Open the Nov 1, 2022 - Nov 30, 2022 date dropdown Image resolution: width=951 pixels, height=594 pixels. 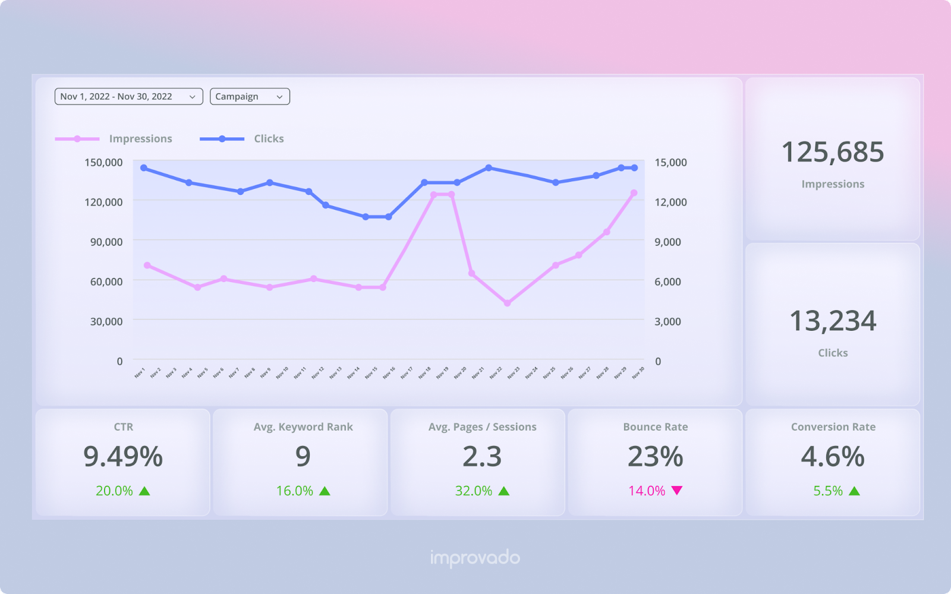[x=128, y=96]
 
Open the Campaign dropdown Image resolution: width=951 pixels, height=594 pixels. [x=250, y=96]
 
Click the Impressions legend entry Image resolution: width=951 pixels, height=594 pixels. [x=140, y=138]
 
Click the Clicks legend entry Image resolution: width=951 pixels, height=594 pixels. [x=269, y=138]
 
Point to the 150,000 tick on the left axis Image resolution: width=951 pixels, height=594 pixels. [x=103, y=162]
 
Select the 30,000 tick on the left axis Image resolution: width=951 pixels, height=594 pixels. [x=106, y=321]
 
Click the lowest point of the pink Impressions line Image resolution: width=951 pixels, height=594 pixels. [x=508, y=303]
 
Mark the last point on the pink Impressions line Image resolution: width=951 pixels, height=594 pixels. [x=634, y=193]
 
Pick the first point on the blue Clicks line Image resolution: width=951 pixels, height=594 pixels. [x=144, y=168]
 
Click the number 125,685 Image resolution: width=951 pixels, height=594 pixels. [x=833, y=152]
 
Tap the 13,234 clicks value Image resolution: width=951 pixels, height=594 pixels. [x=833, y=321]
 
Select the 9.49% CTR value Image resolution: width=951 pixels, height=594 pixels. [x=123, y=457]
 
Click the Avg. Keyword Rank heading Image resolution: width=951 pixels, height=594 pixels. [x=303, y=426]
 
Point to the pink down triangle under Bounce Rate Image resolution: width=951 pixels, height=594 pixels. [x=677, y=490]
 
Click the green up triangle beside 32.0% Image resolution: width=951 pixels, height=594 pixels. [x=504, y=491]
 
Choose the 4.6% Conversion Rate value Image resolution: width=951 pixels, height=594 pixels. [x=833, y=457]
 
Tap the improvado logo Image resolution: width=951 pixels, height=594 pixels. [x=475, y=558]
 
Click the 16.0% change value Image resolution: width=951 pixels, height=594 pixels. [x=294, y=491]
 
